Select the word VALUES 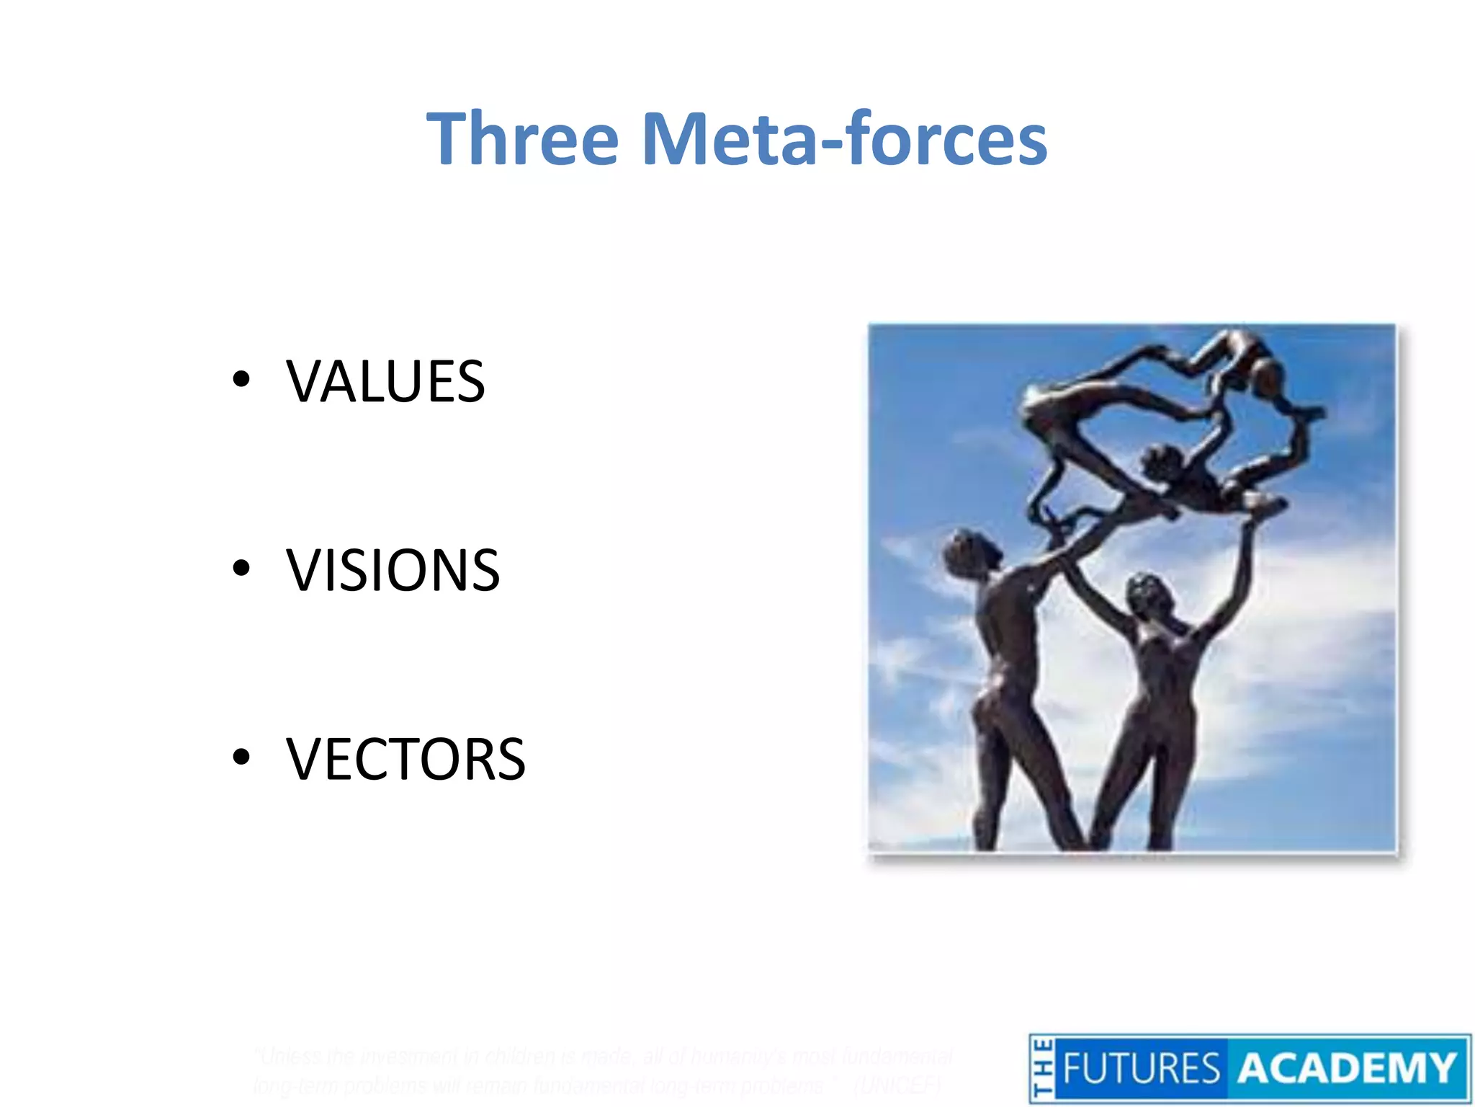tap(385, 381)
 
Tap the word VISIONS tap(393, 570)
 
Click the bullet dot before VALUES tap(241, 380)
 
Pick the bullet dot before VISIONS tap(241, 569)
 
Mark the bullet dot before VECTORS tap(241, 757)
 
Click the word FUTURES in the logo tap(1141, 1069)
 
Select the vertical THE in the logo tap(1042, 1070)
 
